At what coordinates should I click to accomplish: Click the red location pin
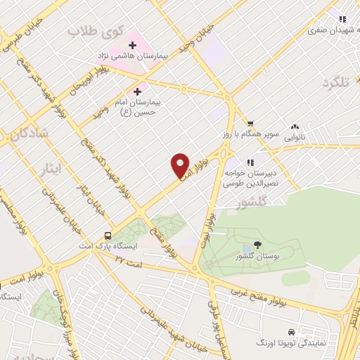pyautogui.click(x=180, y=165)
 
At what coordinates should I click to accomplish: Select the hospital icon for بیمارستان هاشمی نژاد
pyautogui.click(x=131, y=45)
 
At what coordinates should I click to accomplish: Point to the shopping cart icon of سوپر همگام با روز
pyautogui.click(x=250, y=122)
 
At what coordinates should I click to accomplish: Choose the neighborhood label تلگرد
pyautogui.click(x=335, y=83)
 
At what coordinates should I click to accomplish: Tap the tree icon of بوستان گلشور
pyautogui.click(x=257, y=245)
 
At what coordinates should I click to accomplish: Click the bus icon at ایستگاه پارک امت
pyautogui.click(x=108, y=236)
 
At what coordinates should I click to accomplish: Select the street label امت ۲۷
pyautogui.click(x=129, y=262)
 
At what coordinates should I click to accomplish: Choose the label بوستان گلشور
pyautogui.click(x=254, y=257)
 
